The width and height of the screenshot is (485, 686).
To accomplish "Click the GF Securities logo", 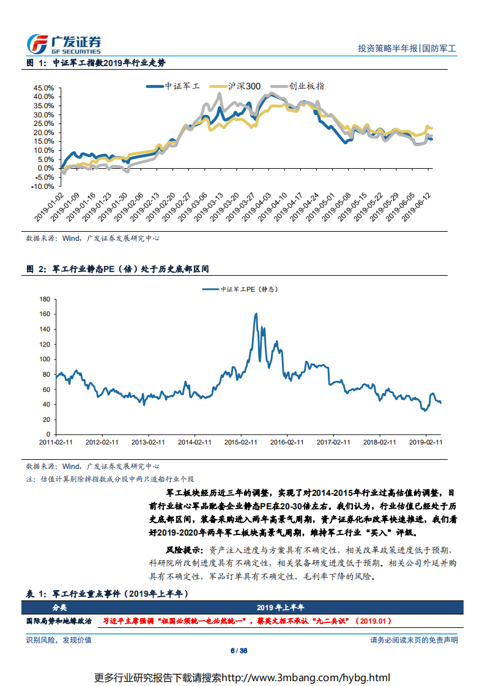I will tap(64, 43).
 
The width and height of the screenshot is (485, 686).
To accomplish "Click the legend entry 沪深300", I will tap(244, 86).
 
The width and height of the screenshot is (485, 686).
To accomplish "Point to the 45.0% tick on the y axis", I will tap(44, 87).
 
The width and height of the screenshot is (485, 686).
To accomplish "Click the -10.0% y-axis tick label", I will tap(43, 186).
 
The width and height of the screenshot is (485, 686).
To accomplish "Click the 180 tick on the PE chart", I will tap(43, 299).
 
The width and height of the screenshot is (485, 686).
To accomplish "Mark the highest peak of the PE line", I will tap(256, 314).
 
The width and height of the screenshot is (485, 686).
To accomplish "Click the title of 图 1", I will tap(96, 63).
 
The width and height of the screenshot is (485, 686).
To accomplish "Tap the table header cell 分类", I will tap(60, 607).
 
